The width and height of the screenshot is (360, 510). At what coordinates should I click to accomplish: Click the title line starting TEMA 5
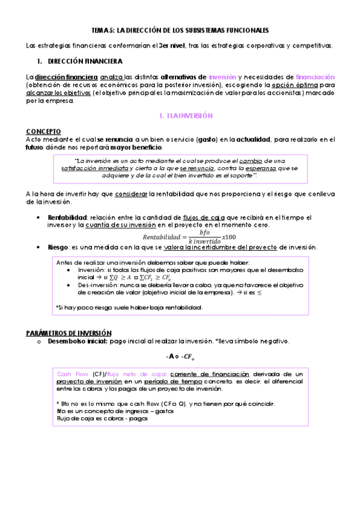click(180, 30)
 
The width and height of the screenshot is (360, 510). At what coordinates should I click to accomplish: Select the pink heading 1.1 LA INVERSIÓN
click(180, 115)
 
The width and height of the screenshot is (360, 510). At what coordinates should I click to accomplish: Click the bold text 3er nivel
click(169, 46)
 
